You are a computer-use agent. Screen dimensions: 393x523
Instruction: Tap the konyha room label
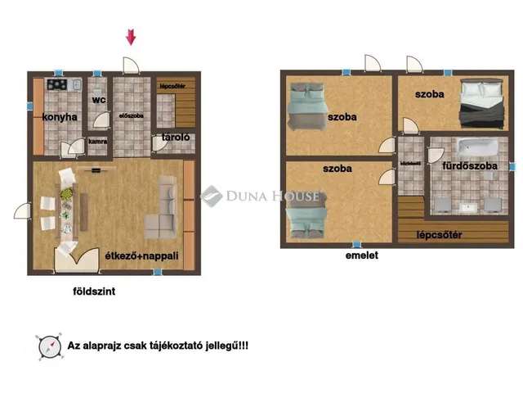click(60, 117)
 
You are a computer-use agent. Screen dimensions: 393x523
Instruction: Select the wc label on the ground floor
click(98, 101)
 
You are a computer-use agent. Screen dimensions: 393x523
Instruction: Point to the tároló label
click(176, 137)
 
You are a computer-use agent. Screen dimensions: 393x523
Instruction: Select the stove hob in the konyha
click(56, 84)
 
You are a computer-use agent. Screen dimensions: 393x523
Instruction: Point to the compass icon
click(47, 346)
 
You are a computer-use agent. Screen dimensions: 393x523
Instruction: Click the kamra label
click(98, 140)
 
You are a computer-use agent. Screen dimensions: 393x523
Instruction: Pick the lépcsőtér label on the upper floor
click(440, 236)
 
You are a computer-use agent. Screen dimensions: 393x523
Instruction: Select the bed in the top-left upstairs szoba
click(307, 106)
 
